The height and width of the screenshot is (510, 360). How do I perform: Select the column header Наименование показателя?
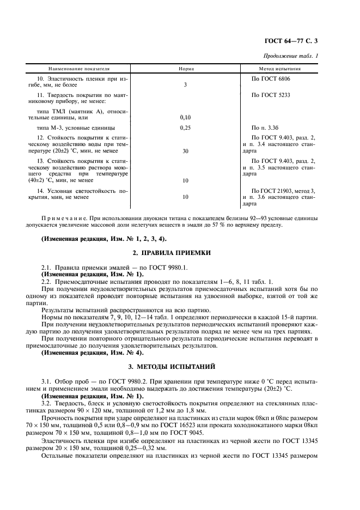click(x=79, y=70)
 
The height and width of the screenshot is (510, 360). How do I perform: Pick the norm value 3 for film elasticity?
click(x=186, y=85)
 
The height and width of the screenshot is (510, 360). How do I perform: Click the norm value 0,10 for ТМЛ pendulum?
click(x=186, y=117)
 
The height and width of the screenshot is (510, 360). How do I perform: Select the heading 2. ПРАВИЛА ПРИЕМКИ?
click(x=180, y=253)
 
